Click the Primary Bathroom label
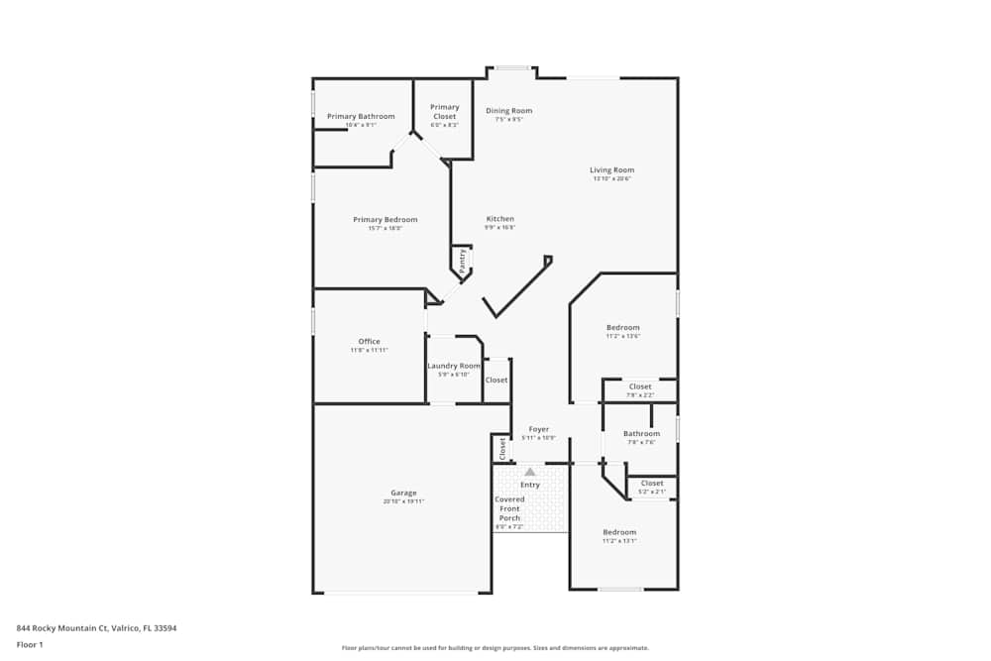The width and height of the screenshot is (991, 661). [x=361, y=117]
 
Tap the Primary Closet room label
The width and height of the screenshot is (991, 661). [x=445, y=112]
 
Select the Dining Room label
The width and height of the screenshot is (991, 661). [x=508, y=111]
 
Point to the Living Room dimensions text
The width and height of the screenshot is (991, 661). [x=611, y=179]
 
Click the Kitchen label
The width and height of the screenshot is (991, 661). [x=499, y=219]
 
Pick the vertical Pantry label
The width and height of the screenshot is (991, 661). [x=462, y=261]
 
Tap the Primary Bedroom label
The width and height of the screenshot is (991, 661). [x=385, y=220]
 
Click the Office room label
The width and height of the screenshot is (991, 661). [x=369, y=342]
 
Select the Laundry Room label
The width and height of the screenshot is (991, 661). [x=454, y=366]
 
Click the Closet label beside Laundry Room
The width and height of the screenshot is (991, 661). [x=496, y=380]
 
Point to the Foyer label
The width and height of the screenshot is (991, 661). [x=538, y=429]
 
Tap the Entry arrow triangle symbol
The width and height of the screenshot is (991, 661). [x=530, y=473]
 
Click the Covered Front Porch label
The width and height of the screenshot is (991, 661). [x=509, y=508]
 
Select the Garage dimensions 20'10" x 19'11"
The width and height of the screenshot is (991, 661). [x=403, y=501]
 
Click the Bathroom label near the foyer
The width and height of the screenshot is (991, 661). [x=641, y=433]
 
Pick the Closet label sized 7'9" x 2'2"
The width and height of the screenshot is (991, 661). [x=640, y=386]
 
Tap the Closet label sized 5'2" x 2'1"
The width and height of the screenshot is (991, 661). [x=652, y=484]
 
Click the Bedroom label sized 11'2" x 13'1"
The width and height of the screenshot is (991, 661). [x=619, y=532]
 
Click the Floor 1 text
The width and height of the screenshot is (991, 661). [x=30, y=644]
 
